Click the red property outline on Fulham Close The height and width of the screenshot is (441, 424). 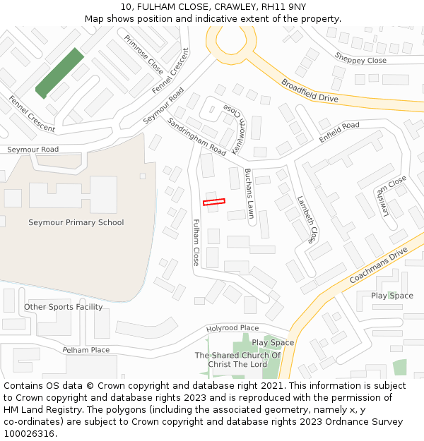click(x=213, y=203)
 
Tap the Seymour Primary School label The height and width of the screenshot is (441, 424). click(x=76, y=222)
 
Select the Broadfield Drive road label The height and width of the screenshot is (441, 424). click(x=310, y=90)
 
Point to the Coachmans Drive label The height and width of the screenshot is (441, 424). click(x=379, y=265)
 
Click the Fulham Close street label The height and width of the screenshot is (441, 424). click(x=196, y=242)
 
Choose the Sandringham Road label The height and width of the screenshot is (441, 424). click(x=196, y=137)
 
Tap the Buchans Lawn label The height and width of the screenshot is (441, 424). click(x=249, y=195)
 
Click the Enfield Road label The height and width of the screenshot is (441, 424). click(x=339, y=133)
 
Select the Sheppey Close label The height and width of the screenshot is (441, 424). click(x=360, y=61)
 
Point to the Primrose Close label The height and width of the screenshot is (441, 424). click(x=143, y=54)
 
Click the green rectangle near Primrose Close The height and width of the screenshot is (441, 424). click(x=59, y=73)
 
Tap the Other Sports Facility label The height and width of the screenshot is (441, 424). click(x=63, y=307)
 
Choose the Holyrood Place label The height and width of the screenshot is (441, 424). click(x=232, y=328)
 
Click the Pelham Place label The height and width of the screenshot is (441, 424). click(x=86, y=350)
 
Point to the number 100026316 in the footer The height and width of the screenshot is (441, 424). click(x=29, y=433)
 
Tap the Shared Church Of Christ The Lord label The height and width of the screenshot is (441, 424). click(x=237, y=359)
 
